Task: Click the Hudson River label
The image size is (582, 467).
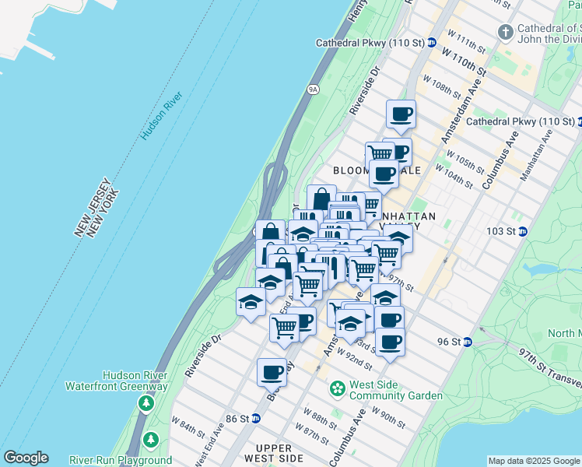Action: pos(162,116)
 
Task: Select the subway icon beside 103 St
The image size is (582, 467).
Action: pos(524,231)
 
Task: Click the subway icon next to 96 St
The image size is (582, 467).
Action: pos(467,342)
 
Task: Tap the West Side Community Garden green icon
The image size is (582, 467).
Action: pos(338,388)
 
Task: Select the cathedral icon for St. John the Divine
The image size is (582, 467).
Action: pos(505,32)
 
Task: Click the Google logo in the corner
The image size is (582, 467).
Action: pos(26,458)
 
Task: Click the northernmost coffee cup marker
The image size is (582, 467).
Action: pos(401,114)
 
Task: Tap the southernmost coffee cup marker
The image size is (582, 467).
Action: pos(272,372)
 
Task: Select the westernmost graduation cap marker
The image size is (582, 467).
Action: pos(251,301)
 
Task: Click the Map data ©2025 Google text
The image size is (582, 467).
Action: pos(534,461)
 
